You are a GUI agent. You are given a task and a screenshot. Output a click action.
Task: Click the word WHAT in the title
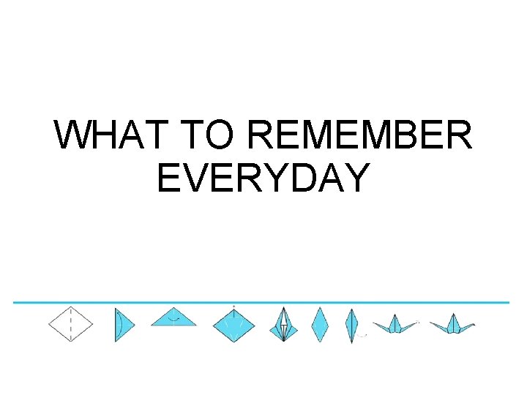111,136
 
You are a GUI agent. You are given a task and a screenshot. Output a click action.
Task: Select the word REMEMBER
360,136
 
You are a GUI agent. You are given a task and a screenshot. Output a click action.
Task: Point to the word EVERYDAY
262,178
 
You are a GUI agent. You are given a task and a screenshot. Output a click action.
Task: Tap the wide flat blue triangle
173,318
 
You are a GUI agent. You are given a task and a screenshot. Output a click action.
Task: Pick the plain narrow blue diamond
319,325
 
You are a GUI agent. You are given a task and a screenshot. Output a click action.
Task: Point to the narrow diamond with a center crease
352,325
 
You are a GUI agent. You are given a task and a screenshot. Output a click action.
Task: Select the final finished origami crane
452,326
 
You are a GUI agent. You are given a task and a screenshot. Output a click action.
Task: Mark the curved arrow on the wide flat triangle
173,320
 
